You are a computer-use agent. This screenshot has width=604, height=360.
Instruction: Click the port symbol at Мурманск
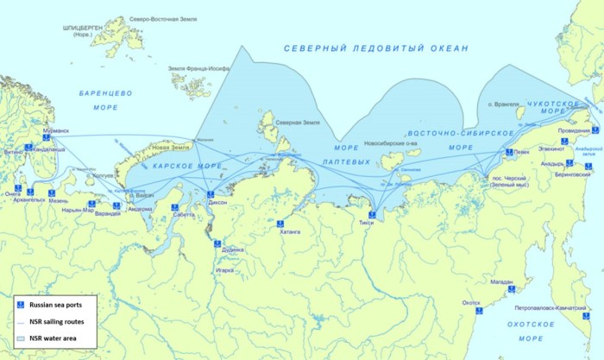(44, 141)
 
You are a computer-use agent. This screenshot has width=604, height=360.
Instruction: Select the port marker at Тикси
(372, 214)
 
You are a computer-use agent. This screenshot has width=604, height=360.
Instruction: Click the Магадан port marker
(509, 289)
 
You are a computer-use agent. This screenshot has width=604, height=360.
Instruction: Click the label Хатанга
(290, 232)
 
